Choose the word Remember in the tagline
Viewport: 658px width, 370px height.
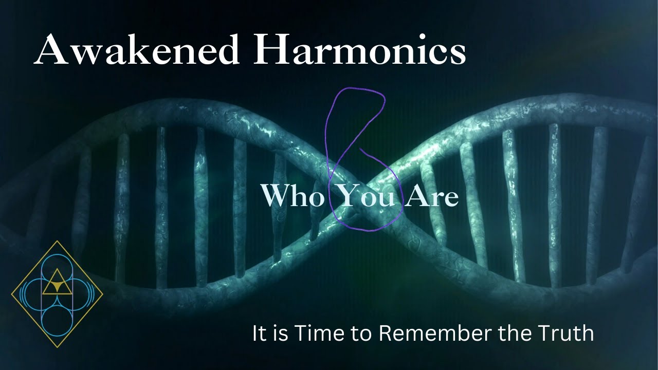tap(435, 334)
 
